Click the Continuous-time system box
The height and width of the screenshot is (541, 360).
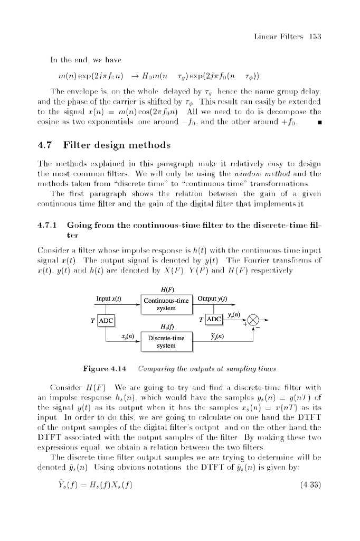pyautogui.click(x=167, y=304)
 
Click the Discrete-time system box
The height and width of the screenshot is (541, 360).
pyautogui.click(x=167, y=341)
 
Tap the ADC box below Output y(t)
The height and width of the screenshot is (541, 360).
pyautogui.click(x=213, y=320)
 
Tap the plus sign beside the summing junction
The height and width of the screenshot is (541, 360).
pyautogui.click(x=245, y=324)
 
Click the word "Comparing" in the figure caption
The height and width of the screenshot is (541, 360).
pyautogui.click(x=158, y=366)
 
